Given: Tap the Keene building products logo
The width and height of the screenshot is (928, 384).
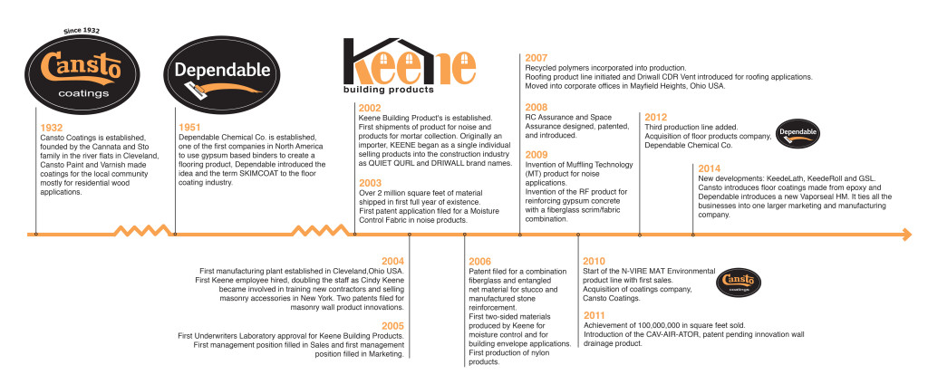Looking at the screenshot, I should pyautogui.click(x=410, y=67).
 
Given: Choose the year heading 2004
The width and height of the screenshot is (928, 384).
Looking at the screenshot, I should pyautogui.click(x=392, y=261).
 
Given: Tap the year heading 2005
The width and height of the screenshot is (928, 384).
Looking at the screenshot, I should pyautogui.click(x=392, y=325).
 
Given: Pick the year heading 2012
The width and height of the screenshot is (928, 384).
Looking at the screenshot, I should pyautogui.click(x=655, y=117).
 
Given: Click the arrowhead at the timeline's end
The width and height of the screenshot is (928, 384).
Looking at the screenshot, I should pyautogui.click(x=904, y=235).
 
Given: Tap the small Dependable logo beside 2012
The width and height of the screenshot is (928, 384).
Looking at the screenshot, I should pyautogui.click(x=799, y=131).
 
